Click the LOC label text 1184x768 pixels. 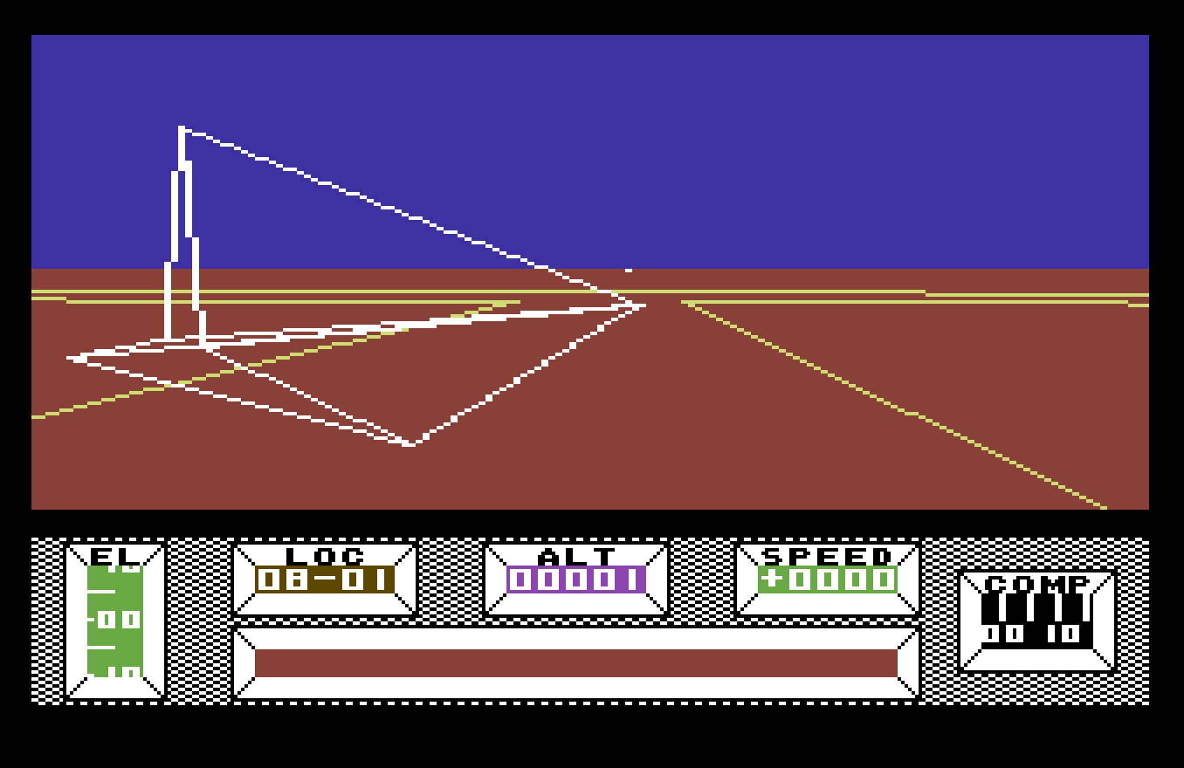click(325, 556)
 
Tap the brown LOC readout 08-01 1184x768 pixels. click(325, 579)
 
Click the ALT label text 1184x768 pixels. click(575, 556)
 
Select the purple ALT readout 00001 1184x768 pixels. click(575, 579)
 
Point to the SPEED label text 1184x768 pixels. click(827, 556)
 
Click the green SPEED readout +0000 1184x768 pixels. click(827, 579)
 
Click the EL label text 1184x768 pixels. click(115, 556)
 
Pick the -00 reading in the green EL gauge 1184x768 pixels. click(117, 620)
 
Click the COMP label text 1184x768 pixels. click(1037, 584)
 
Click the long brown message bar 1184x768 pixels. click(575, 662)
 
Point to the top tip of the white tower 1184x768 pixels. click(182, 129)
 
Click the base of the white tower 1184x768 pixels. click(184, 340)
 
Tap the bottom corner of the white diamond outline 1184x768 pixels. click(410, 444)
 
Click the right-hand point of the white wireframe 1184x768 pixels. click(642, 305)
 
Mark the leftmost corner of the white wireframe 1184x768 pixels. click(71, 358)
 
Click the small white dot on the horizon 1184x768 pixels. click(628, 271)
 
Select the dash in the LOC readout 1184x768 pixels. click(325, 579)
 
